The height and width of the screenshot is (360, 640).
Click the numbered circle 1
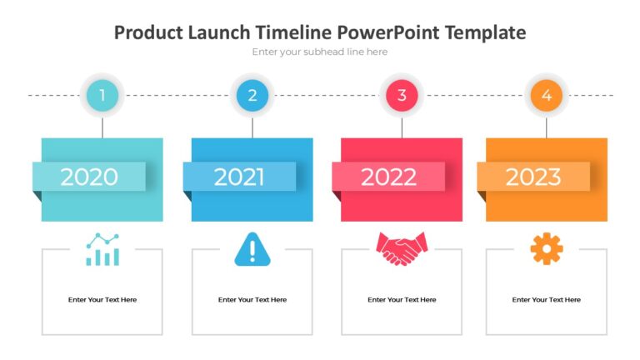[102, 96]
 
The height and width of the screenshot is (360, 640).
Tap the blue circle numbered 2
[252, 96]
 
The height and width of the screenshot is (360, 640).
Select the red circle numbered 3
[402, 96]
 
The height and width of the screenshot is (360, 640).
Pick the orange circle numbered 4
[547, 96]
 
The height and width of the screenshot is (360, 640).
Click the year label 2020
[89, 177]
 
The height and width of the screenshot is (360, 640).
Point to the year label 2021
[239, 177]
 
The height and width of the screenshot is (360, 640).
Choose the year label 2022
[388, 177]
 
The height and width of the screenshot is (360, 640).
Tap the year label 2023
[533, 177]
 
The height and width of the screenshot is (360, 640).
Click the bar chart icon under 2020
[102, 249]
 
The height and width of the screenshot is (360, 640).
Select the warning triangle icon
[252, 249]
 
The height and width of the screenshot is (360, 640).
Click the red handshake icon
[402, 248]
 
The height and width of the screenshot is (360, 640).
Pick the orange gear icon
[547, 249]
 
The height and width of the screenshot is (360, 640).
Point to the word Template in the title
[485, 32]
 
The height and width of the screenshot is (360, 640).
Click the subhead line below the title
[320, 52]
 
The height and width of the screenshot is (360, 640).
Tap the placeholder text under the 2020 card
[102, 300]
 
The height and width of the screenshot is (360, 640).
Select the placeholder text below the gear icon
[547, 300]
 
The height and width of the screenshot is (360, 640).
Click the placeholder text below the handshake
[402, 300]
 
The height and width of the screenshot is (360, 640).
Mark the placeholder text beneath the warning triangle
[252, 300]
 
